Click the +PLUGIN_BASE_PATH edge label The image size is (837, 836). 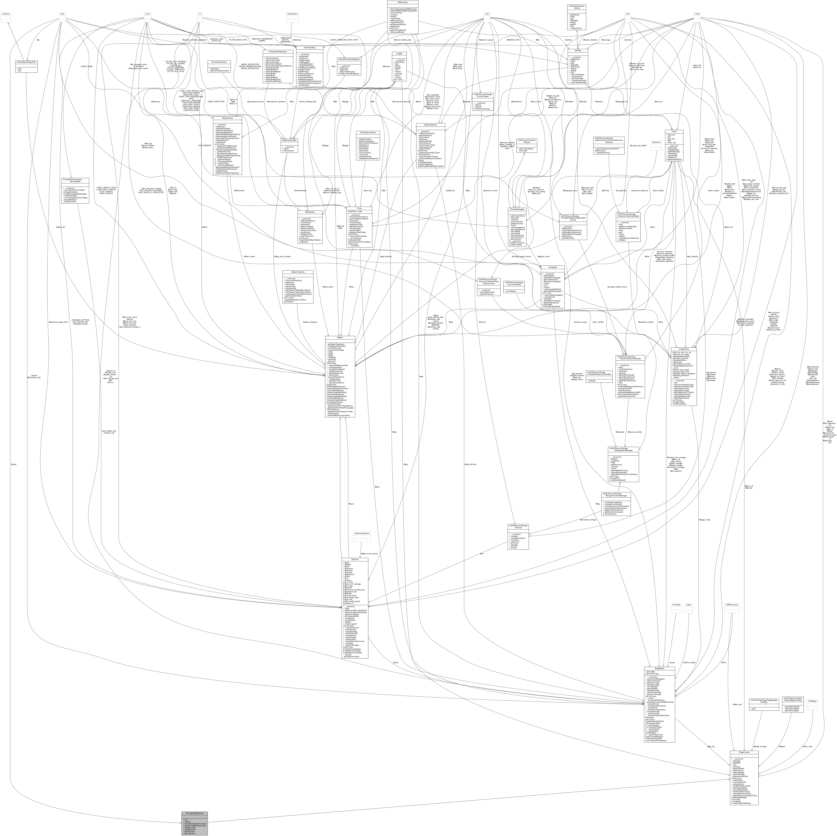click(x=238, y=40)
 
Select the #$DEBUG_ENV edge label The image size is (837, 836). click(x=514, y=40)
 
